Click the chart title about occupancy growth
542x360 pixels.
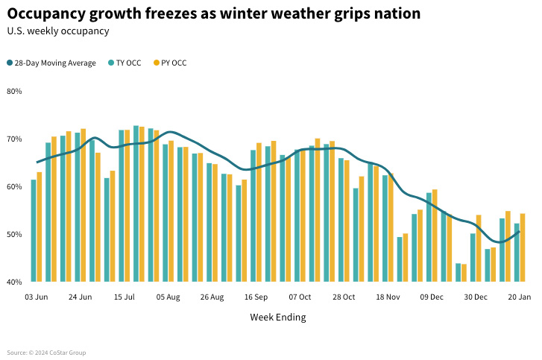[213, 13]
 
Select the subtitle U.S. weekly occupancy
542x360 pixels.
[58, 31]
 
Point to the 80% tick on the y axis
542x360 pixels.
[15, 92]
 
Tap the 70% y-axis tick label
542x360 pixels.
[15, 139]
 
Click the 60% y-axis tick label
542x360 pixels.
[15, 186]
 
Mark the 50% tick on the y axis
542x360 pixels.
[15, 234]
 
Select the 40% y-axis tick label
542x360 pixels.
[15, 282]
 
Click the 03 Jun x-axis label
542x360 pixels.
[36, 297]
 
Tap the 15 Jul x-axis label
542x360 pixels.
[125, 297]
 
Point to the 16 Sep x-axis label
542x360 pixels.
[256, 297]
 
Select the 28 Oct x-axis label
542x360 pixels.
[344, 297]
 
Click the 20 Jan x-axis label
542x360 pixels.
[520, 297]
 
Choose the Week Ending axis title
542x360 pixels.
[277, 318]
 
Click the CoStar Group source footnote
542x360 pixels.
[46, 353]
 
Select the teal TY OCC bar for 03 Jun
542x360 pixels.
[34, 231]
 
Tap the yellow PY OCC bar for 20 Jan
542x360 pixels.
[523, 247]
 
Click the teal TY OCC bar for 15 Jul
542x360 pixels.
[122, 206]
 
